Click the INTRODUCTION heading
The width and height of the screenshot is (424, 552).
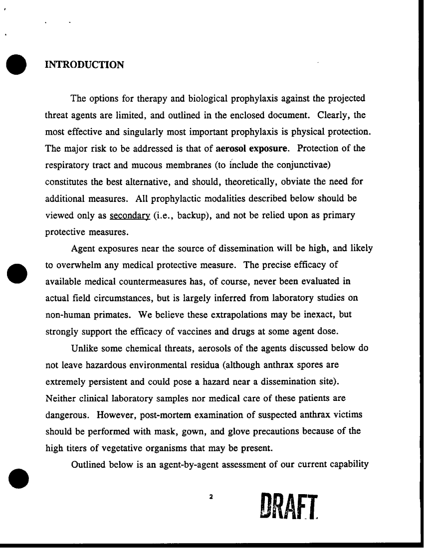[84, 65]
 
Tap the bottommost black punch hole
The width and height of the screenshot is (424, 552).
[16, 479]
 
